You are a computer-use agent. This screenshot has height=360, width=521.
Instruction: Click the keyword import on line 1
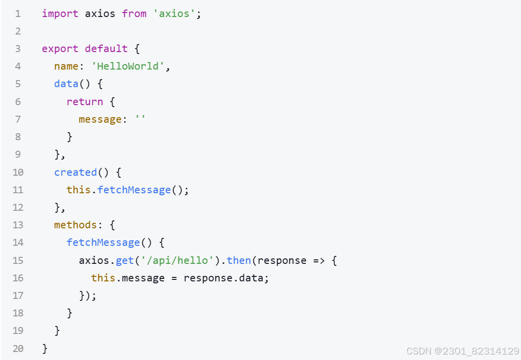[60, 14]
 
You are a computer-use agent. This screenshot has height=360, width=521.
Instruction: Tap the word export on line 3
[60, 49]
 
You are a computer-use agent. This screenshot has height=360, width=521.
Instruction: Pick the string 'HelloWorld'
[128, 66]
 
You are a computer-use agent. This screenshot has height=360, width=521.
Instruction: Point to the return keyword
[85, 102]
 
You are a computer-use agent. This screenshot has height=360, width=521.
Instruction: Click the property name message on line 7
[100, 119]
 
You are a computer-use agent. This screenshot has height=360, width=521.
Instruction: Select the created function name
[76, 172]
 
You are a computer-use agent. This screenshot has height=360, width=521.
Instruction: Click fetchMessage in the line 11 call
[134, 190]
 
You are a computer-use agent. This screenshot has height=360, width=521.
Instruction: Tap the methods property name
[76, 225]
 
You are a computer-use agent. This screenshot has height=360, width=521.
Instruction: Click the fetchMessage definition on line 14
[103, 242]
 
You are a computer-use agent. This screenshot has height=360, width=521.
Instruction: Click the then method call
[239, 260]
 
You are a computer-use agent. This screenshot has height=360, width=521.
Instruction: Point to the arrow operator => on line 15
[318, 260]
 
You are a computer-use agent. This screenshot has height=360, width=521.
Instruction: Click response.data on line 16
[226, 278]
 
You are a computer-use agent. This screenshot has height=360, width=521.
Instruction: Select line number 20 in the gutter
[18, 348]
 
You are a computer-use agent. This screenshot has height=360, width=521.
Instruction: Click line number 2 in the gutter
[18, 31]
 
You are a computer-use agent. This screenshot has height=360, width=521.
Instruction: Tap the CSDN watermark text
[462, 351]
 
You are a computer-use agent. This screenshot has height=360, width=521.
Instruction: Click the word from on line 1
[134, 14]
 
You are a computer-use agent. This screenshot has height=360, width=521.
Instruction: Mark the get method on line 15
[125, 260]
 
